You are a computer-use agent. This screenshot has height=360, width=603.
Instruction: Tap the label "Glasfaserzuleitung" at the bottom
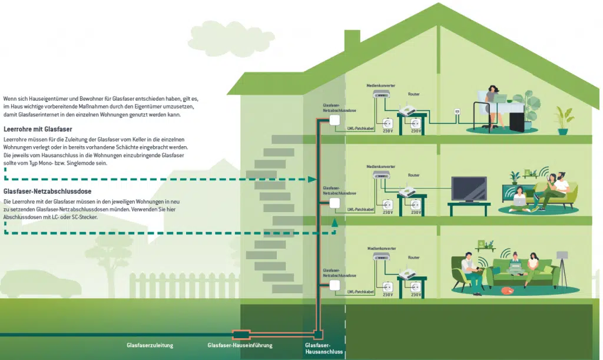coord(150,345)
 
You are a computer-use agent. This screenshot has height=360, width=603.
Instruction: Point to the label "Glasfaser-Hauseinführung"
coord(240,345)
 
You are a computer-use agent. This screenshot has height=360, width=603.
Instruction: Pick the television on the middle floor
coord(469,189)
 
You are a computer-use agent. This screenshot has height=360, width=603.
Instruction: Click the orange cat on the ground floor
coord(506,290)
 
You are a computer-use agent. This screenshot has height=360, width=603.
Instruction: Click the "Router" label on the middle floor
coord(413,175)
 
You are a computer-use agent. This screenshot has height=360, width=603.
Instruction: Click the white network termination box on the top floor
coord(334,120)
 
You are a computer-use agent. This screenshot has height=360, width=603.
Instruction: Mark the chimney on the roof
coord(352,42)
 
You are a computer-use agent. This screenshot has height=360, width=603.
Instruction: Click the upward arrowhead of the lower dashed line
coord(334,223)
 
